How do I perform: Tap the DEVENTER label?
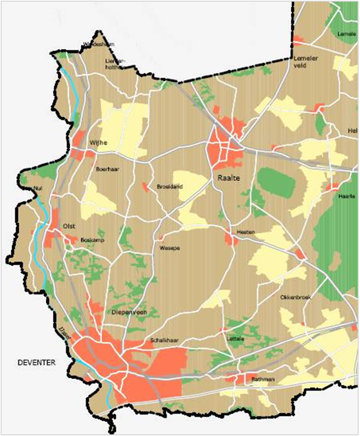coord(36,363)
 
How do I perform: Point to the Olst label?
coord(69,226)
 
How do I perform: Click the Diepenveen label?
coord(127,312)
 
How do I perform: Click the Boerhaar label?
coord(107,169)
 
